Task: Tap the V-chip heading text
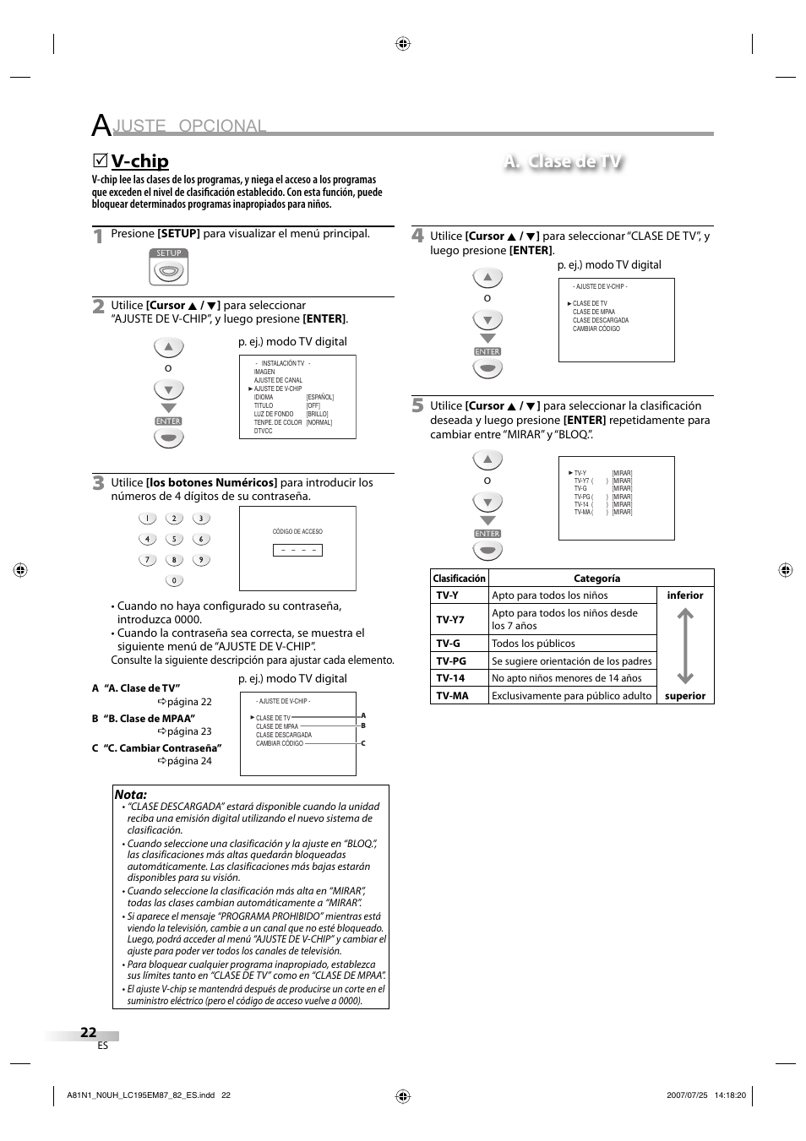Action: [x=139, y=161]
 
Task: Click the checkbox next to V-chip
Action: [x=100, y=160]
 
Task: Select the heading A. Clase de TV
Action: [x=563, y=162]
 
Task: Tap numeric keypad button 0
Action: [x=174, y=580]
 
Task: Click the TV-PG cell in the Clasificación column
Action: [x=451, y=661]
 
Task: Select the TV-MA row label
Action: [x=452, y=696]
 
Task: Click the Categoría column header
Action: [x=596, y=579]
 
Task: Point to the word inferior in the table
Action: [x=684, y=595]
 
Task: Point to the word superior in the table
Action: [x=684, y=696]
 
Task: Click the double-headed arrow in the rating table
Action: [x=685, y=646]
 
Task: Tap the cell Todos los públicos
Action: [x=533, y=644]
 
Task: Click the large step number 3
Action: [x=99, y=483]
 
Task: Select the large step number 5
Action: [x=417, y=406]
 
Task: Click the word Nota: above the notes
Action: [x=131, y=795]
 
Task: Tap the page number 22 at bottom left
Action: [x=89, y=1032]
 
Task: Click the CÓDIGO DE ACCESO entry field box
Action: [x=297, y=550]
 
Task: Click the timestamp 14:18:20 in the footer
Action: [x=730, y=1095]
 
